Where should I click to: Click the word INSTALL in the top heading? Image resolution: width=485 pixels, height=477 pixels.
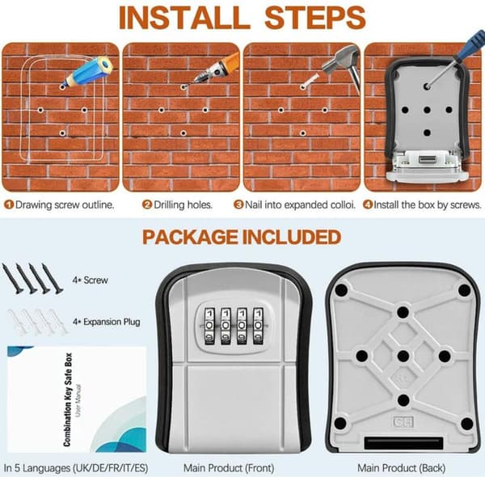(184, 18)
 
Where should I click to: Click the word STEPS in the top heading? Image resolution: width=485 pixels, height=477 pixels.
(315, 18)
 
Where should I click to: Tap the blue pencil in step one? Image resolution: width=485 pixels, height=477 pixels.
(87, 71)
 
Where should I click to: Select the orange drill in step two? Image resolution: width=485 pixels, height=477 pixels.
(217, 68)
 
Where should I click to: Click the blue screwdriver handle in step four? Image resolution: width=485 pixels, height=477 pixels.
(473, 44)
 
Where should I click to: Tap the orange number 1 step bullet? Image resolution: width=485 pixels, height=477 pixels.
(9, 205)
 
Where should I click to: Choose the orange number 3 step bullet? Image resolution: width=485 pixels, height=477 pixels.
(238, 205)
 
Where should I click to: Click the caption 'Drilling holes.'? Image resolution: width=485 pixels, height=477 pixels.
(183, 205)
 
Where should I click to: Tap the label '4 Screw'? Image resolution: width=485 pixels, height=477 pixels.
(90, 280)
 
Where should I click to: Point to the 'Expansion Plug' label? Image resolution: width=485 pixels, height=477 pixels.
(112, 322)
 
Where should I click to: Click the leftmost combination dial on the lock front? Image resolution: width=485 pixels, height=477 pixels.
(210, 326)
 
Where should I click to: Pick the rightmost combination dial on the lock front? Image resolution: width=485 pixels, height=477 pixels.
(259, 326)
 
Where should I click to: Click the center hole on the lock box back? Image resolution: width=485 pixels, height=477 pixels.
(403, 356)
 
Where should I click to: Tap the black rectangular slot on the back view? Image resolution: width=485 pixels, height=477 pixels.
(403, 443)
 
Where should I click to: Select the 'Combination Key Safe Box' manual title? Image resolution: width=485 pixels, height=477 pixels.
(68, 399)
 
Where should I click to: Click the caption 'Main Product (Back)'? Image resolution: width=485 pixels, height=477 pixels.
(401, 468)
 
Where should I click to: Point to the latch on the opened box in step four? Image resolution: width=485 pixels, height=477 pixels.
(428, 160)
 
